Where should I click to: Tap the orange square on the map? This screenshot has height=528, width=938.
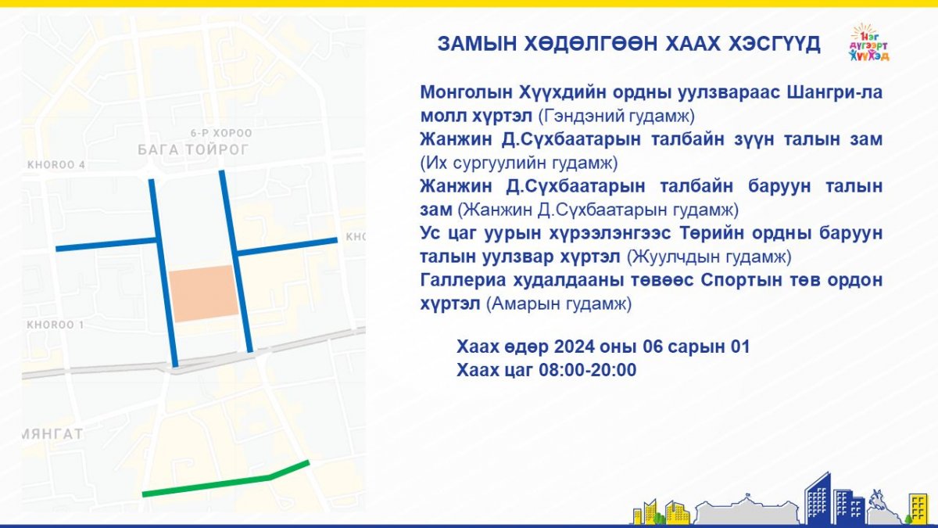[x=203, y=293]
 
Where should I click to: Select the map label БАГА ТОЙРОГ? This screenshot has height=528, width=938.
[x=194, y=149]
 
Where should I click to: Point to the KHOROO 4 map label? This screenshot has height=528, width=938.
[x=56, y=165]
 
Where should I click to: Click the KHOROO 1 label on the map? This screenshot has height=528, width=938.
[x=55, y=325]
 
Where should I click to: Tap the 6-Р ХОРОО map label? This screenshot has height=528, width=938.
[x=221, y=133]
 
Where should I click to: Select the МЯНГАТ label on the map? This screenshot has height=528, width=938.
[x=52, y=434]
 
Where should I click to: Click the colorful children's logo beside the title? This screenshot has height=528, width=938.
[x=869, y=43]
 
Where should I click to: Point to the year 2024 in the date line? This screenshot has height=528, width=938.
[x=574, y=347]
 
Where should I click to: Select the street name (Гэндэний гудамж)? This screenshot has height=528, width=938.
[x=616, y=116]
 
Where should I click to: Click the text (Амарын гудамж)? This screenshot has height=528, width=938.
[x=559, y=304]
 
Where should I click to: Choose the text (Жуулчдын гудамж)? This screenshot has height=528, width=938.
[x=709, y=257]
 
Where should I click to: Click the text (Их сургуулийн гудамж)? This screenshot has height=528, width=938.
[x=519, y=163]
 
